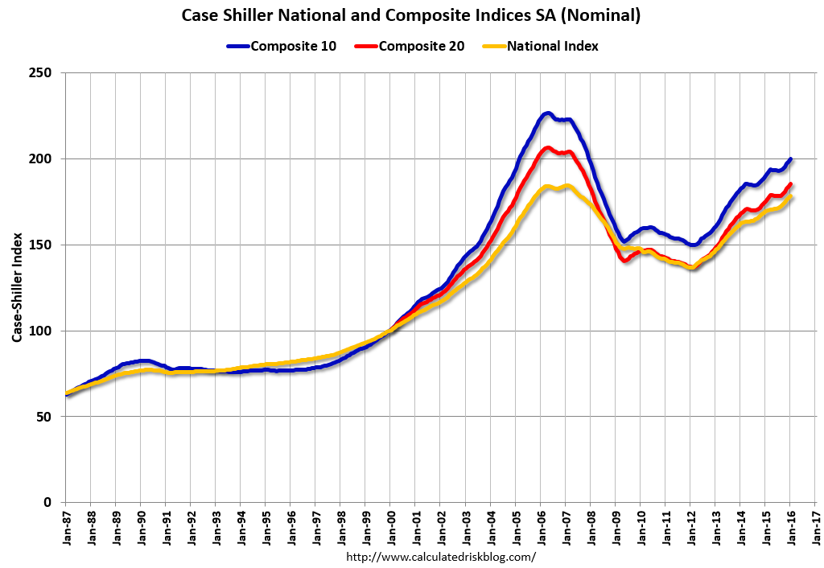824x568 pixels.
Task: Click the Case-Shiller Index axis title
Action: [17, 288]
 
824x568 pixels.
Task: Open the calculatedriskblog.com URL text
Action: [441, 557]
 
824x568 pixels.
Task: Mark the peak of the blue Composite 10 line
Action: [547, 113]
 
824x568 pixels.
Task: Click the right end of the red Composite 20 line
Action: [790, 184]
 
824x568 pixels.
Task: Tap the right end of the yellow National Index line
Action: [790, 197]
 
